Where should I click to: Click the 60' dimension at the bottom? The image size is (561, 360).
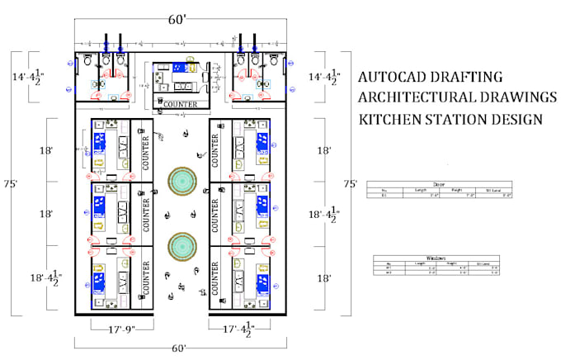point(178,348)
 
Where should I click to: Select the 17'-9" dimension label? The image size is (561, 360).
point(113,329)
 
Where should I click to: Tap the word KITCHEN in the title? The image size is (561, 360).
point(388,119)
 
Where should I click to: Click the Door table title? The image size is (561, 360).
point(439,185)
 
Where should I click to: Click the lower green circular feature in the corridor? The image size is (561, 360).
point(181,245)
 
